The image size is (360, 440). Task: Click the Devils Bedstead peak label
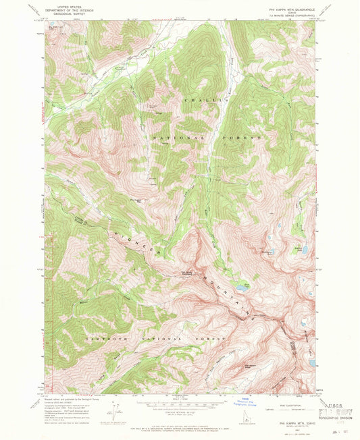tap(293, 344)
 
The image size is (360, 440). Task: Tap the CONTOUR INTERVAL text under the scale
tap(180, 412)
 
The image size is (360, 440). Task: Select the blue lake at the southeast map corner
tap(311, 363)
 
